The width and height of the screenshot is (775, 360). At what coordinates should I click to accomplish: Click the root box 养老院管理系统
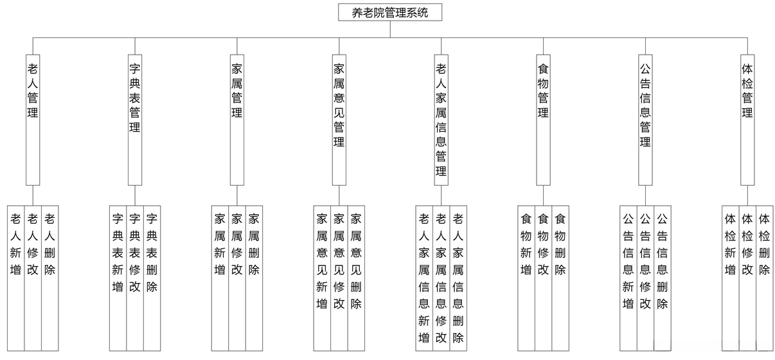tap(390, 12)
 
